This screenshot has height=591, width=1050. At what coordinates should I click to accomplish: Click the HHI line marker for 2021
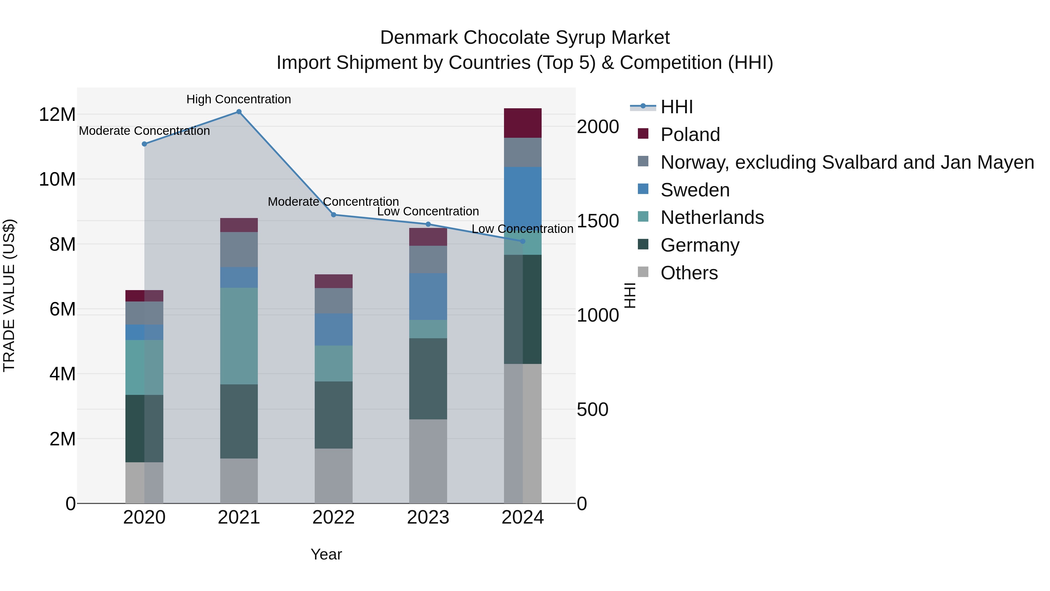point(239,112)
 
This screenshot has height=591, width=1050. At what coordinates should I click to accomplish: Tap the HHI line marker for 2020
point(144,144)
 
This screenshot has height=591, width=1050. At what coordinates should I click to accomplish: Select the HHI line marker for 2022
point(333,215)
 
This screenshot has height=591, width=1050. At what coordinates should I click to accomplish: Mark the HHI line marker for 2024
point(523,241)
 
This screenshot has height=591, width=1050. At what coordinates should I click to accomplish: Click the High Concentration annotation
point(239,100)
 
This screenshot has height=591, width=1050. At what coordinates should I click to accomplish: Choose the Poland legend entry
point(690,135)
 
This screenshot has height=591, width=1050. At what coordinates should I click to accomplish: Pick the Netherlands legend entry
point(712,217)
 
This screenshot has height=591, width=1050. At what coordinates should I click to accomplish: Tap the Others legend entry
point(689,273)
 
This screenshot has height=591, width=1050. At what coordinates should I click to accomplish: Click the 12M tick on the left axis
point(57,115)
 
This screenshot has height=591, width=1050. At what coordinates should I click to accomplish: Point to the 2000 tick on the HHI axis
point(598,127)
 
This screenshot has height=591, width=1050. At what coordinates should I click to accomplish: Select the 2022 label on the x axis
point(333,517)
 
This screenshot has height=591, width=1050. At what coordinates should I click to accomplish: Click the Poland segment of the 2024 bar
point(523,123)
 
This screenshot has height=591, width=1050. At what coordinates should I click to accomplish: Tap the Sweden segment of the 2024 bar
point(523,196)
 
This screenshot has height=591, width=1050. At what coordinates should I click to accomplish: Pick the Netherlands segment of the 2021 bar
point(239,336)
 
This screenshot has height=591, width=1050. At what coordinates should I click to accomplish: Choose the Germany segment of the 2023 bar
point(428,379)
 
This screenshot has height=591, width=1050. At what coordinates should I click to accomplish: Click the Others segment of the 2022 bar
point(333,476)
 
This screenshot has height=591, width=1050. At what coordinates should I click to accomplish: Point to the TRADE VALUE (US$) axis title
point(9,295)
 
